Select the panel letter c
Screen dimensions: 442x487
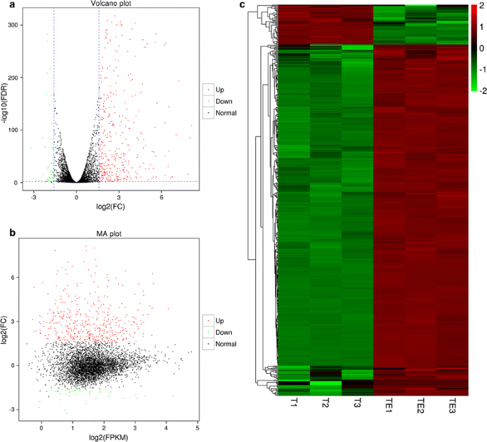243,6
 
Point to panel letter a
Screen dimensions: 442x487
5,6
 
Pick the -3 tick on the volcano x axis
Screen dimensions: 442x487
33,197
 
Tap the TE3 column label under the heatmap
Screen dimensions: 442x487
451,406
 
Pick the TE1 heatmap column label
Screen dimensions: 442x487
388,406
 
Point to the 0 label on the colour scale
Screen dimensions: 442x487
482,48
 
